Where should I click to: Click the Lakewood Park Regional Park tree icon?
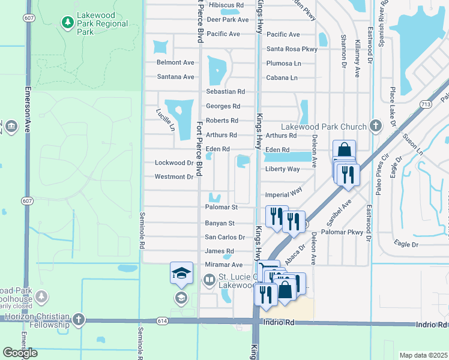67,23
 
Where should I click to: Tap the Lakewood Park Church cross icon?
376,126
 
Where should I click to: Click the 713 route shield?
426,104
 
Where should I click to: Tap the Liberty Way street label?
282,169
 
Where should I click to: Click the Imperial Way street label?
283,195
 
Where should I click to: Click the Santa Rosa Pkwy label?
292,49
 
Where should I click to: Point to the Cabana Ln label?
282,78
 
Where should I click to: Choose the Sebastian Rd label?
225,92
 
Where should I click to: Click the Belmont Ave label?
175,62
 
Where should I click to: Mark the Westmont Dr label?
174,177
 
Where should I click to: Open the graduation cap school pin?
181,274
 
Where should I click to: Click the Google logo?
20,353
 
